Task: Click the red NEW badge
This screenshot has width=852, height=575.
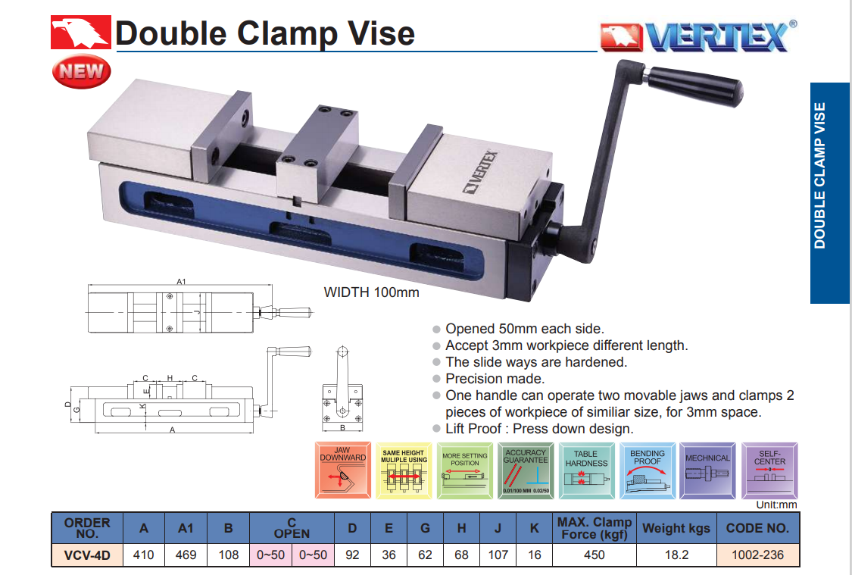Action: point(81,72)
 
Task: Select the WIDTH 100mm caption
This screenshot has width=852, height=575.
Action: point(371,292)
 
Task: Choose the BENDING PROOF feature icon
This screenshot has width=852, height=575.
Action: point(648,470)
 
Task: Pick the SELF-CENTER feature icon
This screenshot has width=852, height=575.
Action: point(769,470)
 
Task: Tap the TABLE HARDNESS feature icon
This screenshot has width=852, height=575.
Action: point(586,470)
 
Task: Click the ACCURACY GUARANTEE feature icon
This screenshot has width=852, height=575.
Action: point(526,470)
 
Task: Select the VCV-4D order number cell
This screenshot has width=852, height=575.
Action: point(87,555)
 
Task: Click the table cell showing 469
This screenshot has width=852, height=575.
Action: point(186,555)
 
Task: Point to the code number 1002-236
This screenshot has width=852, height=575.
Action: point(757,555)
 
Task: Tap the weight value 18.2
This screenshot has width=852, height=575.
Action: point(676,555)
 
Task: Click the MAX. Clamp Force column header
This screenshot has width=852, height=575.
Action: point(595,528)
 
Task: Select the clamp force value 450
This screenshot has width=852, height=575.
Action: point(595,555)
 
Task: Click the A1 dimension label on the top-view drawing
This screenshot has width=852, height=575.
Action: point(181,282)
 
